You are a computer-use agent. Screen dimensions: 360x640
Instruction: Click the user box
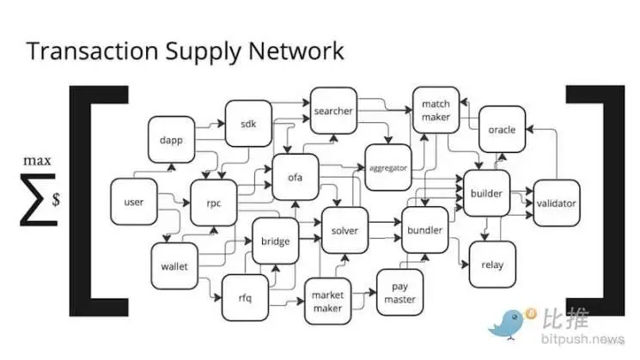click(x=134, y=203)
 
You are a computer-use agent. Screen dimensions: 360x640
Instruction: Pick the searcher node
click(x=333, y=111)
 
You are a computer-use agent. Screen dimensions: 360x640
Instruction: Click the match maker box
click(x=436, y=110)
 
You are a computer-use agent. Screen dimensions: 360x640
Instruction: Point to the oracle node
click(x=502, y=130)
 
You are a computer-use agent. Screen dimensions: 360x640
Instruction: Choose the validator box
click(x=556, y=204)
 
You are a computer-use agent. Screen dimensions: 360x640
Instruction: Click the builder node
click(x=486, y=193)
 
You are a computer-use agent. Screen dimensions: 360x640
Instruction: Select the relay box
click(x=492, y=265)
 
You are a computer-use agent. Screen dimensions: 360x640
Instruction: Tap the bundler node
click(x=424, y=230)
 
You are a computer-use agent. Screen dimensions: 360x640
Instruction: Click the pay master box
click(x=399, y=293)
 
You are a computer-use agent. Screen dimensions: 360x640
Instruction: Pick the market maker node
click(x=327, y=301)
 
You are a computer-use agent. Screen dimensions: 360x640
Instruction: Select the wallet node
click(x=174, y=266)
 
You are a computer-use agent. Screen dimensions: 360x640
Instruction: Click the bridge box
click(x=275, y=241)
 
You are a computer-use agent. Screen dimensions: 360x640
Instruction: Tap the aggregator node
click(x=387, y=168)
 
